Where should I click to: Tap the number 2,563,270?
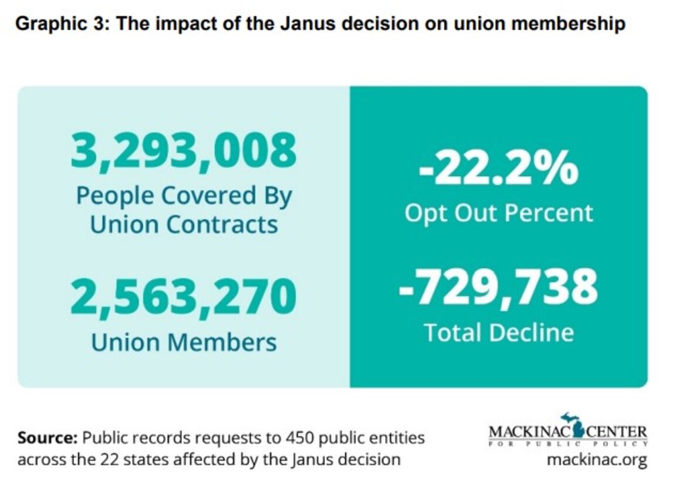[x=184, y=297]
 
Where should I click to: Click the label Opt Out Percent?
[x=498, y=213]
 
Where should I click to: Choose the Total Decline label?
[x=498, y=332]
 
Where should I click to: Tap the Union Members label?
[x=184, y=342]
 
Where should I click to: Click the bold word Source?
[x=48, y=438]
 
